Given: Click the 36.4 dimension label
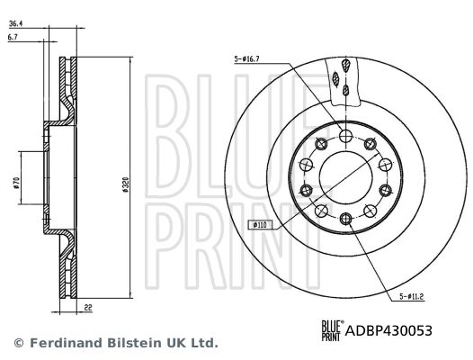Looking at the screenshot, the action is pyautogui.click(x=16, y=23).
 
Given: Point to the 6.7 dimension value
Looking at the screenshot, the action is pyautogui.click(x=13, y=37).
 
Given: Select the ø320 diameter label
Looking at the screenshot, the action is pyautogui.click(x=126, y=184).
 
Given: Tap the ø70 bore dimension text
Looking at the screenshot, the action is pyautogui.click(x=16, y=183).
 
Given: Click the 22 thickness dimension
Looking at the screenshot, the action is pyautogui.click(x=88, y=308).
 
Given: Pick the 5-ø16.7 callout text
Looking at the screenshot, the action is pyautogui.click(x=246, y=59).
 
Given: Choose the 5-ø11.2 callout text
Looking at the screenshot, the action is pyautogui.click(x=412, y=297).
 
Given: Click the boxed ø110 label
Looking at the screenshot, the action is pyautogui.click(x=260, y=225).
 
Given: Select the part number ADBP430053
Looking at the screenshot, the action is pyautogui.click(x=388, y=330).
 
